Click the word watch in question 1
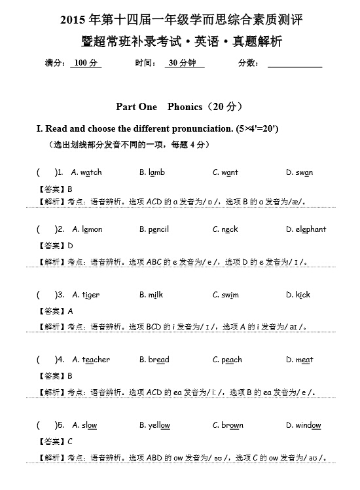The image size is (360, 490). pyautogui.click(x=92, y=172)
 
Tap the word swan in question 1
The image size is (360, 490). pyautogui.click(x=304, y=172)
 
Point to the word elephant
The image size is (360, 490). pyautogui.click(x=311, y=229)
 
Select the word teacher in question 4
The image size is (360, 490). pyautogui.click(x=96, y=360)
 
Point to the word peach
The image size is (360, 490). pyautogui.click(x=232, y=360)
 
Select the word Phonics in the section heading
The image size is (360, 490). pyautogui.click(x=189, y=106)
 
